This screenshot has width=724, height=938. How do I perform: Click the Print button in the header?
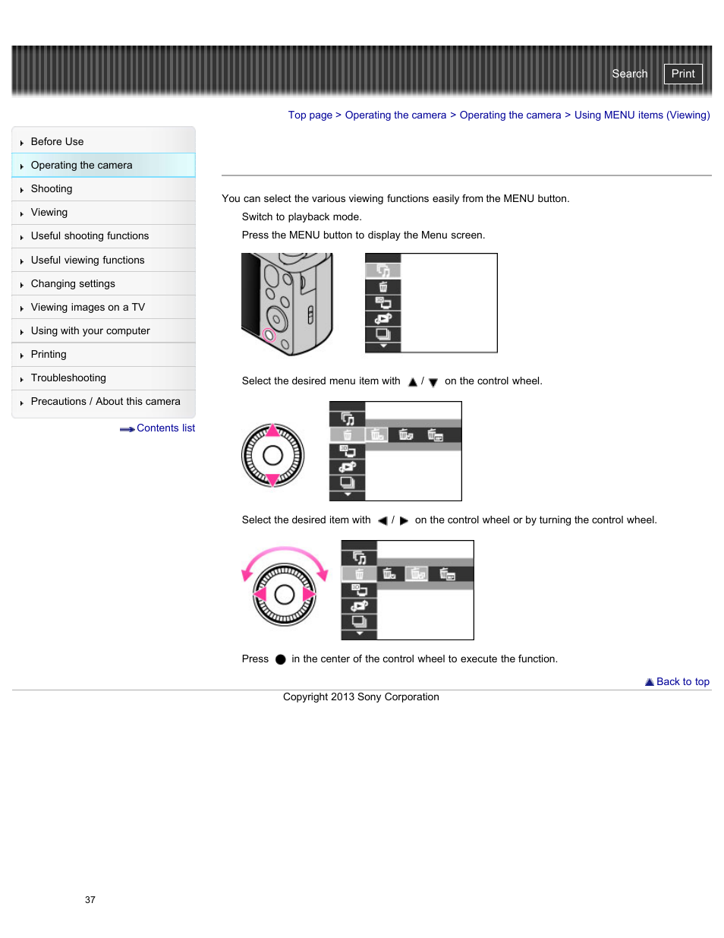pos(682,74)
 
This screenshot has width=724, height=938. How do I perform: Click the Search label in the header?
pos(629,74)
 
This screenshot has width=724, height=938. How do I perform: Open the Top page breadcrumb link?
pos(310,115)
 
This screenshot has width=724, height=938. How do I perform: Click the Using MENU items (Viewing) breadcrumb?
pos(641,115)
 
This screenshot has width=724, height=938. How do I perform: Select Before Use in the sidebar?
pos(57,142)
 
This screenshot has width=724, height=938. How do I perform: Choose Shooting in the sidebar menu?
pos(52,189)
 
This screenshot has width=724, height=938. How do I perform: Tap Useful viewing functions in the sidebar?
pos(87,261)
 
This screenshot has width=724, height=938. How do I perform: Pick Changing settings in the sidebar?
pos(73,284)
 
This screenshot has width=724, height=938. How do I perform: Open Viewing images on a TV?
pos(87,308)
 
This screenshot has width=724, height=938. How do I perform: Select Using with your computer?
pos(90,331)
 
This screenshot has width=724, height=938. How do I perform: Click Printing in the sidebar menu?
pos(49,355)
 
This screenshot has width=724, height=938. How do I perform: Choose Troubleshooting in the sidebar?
pos(68,378)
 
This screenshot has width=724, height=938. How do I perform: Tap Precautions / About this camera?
pos(105,402)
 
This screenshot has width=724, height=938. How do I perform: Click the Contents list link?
pos(165,428)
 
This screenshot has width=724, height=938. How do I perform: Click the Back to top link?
pos(682,682)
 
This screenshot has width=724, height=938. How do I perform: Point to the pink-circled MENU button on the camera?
pos(269,335)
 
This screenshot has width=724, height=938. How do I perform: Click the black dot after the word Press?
pos(280,659)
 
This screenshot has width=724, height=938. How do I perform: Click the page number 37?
pos(90,900)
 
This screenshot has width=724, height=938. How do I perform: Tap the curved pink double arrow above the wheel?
pos(285,553)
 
